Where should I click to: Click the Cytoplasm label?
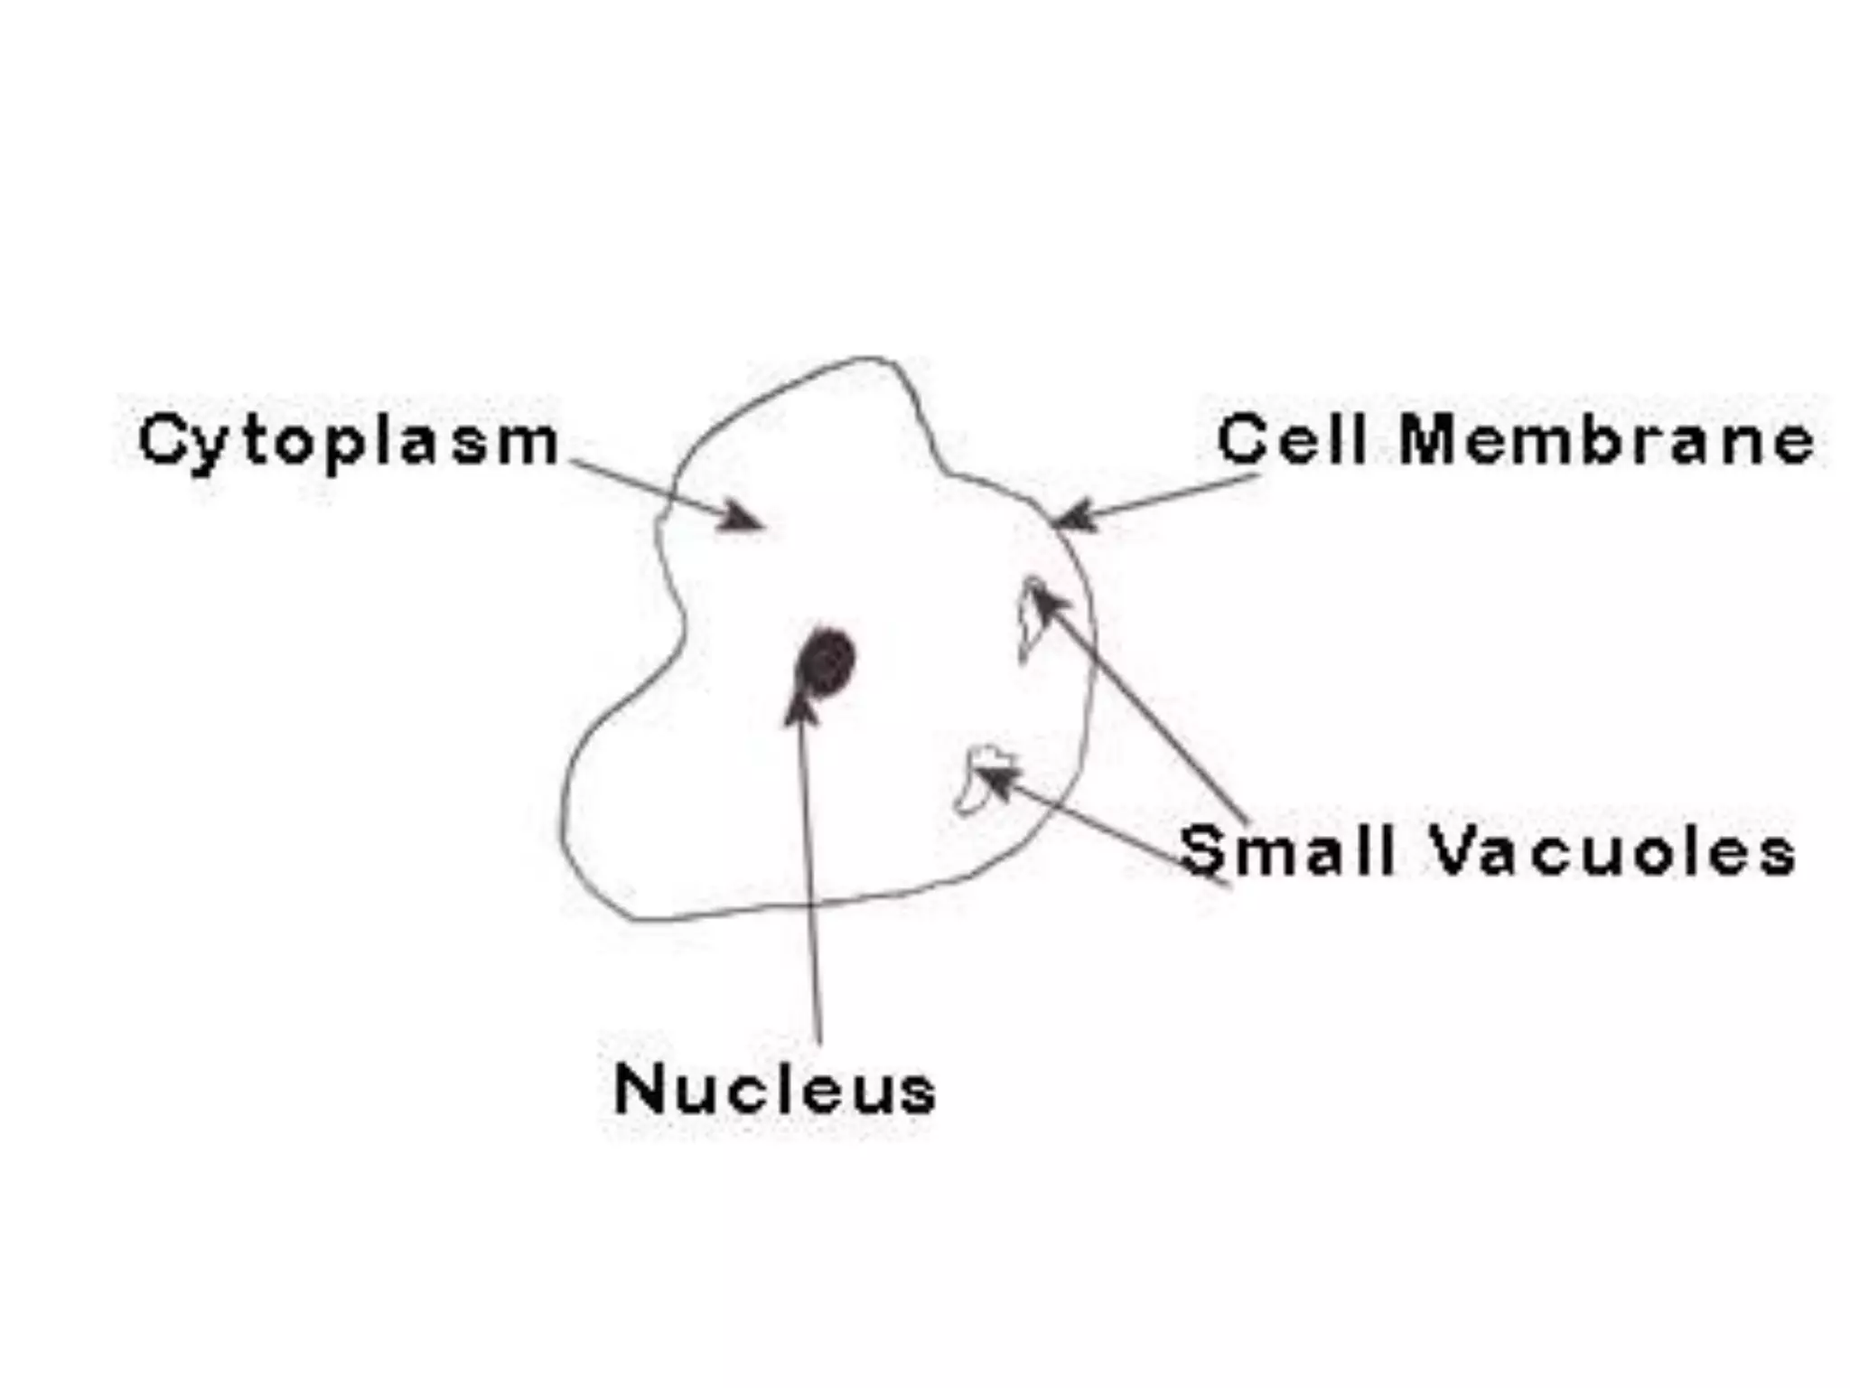click(348, 442)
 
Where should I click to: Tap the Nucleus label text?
click(774, 1089)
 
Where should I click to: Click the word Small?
click(1287, 851)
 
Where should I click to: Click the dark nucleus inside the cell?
click(825, 661)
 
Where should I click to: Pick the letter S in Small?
click(1204, 851)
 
